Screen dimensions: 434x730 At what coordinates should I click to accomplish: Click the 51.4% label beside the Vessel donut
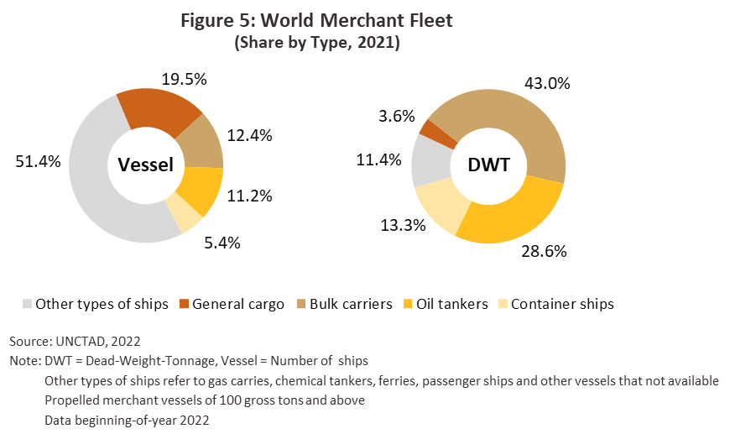pyautogui.click(x=38, y=162)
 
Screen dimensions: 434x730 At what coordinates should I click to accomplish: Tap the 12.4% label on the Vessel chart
pyautogui.click(x=248, y=134)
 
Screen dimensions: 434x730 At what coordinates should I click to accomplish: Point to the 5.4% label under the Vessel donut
pyautogui.click(x=222, y=243)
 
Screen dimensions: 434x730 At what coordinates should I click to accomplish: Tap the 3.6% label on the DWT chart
pyautogui.click(x=397, y=116)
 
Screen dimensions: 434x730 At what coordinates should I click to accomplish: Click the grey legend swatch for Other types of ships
pyautogui.click(x=26, y=304)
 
